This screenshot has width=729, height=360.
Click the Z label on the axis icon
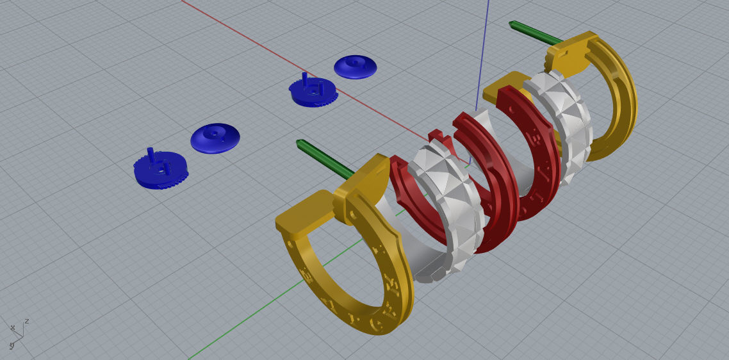click(27, 321)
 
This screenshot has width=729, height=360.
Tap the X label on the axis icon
click(12, 327)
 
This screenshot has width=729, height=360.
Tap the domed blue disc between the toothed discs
click(215, 137)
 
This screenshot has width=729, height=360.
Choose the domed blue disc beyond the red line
click(355, 66)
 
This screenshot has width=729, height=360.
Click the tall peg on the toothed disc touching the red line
click(304, 79)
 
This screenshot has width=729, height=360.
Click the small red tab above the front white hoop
click(438, 136)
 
